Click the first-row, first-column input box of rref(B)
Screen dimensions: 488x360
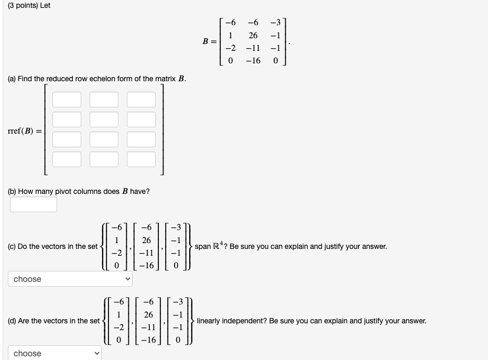(66, 100)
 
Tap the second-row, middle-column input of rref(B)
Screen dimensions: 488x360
(103, 119)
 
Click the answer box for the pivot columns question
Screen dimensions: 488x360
(34, 204)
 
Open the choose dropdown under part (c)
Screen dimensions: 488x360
(70, 279)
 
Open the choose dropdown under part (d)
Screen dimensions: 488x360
(55, 353)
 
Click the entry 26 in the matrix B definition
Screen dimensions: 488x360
(253, 36)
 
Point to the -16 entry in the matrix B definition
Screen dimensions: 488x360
(253, 61)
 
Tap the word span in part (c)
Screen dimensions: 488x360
(203, 246)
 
